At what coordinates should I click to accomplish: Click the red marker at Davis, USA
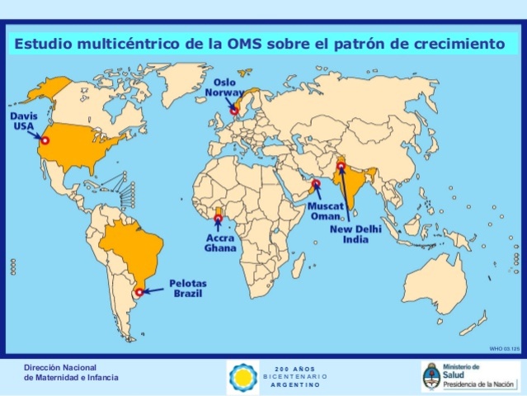pos(45,141)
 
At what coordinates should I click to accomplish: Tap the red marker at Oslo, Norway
pos(234,110)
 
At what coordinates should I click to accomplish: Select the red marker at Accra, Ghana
pos(218,219)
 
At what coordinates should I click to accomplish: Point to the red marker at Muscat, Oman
pos(315,185)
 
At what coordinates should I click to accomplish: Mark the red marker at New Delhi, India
pos(340,168)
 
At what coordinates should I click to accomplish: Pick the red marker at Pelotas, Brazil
pos(139,291)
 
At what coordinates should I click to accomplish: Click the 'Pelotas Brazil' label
pos(189,289)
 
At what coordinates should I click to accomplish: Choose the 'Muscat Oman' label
pos(324,210)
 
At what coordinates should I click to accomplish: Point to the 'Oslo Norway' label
pos(228,87)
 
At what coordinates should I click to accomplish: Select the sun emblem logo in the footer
pos(242,376)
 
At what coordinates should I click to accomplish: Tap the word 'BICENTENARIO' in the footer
pos(295,376)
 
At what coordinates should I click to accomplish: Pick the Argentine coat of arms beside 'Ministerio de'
pos(431,376)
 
